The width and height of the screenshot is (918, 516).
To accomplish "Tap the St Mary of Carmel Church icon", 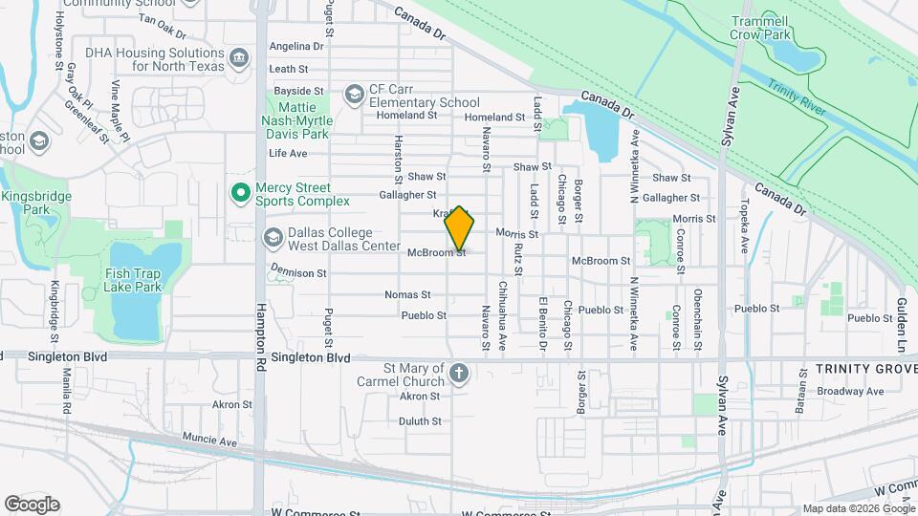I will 459,373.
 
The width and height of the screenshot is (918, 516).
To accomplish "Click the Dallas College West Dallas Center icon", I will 273,236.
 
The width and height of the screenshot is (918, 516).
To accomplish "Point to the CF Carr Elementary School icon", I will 354,93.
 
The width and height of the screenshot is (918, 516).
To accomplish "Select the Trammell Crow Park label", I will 773,27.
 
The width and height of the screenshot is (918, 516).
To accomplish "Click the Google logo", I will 32,504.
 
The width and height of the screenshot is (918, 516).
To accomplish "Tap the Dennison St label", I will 298,273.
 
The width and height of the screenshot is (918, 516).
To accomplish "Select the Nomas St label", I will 402,294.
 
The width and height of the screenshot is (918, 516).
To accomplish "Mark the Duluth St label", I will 419,420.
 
